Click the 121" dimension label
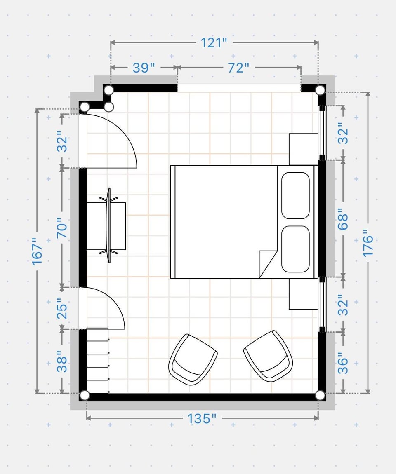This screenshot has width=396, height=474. point(214,42)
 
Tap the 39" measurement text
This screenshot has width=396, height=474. point(144,68)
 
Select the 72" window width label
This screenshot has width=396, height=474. point(239,68)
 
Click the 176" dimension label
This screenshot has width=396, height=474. point(368,244)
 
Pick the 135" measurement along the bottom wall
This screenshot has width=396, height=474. point(202,419)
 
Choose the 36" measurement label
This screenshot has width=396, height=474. point(343,363)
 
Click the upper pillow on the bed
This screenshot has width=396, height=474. point(295,196)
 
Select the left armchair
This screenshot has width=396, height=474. point(193,359)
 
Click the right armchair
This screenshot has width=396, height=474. point(269,356)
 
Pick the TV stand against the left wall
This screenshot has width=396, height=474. point(106,226)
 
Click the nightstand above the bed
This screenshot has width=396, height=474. point(304,149)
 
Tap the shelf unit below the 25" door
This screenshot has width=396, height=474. point(97,361)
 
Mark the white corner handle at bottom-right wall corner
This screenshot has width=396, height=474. point(320,395)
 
